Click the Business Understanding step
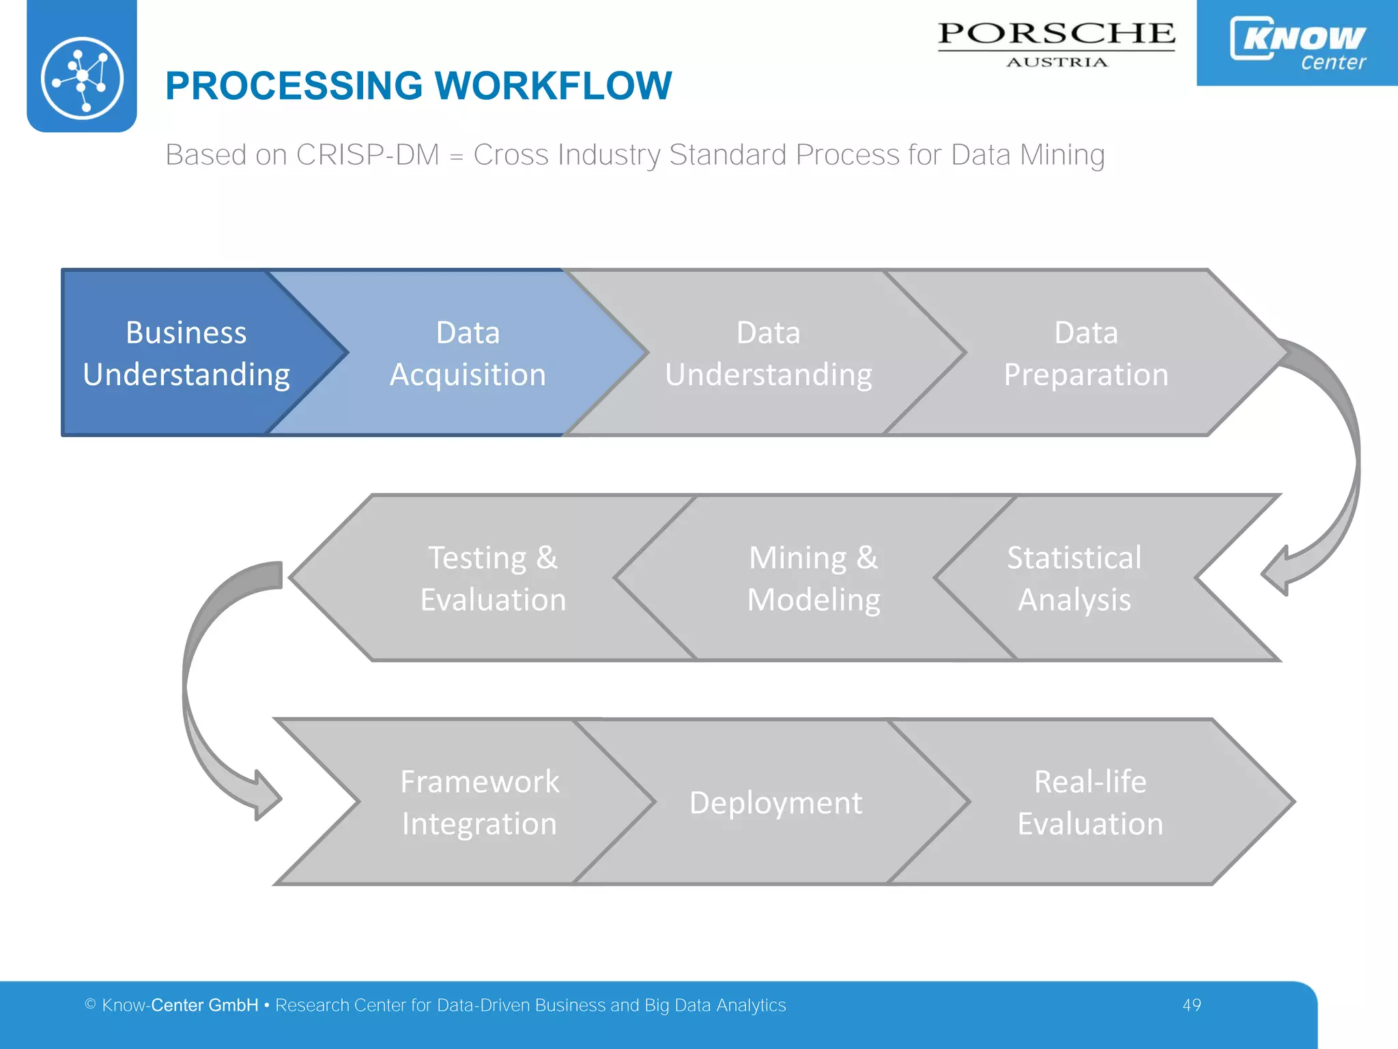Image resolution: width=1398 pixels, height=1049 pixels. [x=186, y=353]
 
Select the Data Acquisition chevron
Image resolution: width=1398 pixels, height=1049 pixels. [x=468, y=353]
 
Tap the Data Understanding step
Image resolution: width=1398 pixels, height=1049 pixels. [x=768, y=353]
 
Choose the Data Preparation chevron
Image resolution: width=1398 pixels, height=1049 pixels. [x=1086, y=353]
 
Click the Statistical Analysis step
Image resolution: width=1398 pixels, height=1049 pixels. [x=1074, y=578]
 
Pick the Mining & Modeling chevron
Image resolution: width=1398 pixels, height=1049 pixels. [x=814, y=578]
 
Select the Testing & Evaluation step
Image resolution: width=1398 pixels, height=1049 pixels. [x=493, y=578]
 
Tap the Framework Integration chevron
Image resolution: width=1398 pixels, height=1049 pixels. [x=479, y=802]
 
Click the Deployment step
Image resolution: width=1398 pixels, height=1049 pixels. [x=775, y=802]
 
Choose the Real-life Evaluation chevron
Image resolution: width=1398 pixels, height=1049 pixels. [x=1090, y=802]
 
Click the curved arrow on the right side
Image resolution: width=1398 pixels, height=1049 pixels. [x=1331, y=464]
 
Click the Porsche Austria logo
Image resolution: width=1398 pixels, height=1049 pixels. [x=1056, y=44]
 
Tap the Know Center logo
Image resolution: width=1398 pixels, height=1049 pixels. [x=1297, y=42]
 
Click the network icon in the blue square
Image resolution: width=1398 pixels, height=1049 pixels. [x=82, y=78]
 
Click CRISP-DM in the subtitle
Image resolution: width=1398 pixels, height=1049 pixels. [x=367, y=155]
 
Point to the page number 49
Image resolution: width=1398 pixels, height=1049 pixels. [x=1192, y=1005]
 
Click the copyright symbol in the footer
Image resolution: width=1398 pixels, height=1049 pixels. [x=90, y=1004]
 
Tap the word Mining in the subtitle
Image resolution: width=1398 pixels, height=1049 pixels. [x=1062, y=155]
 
